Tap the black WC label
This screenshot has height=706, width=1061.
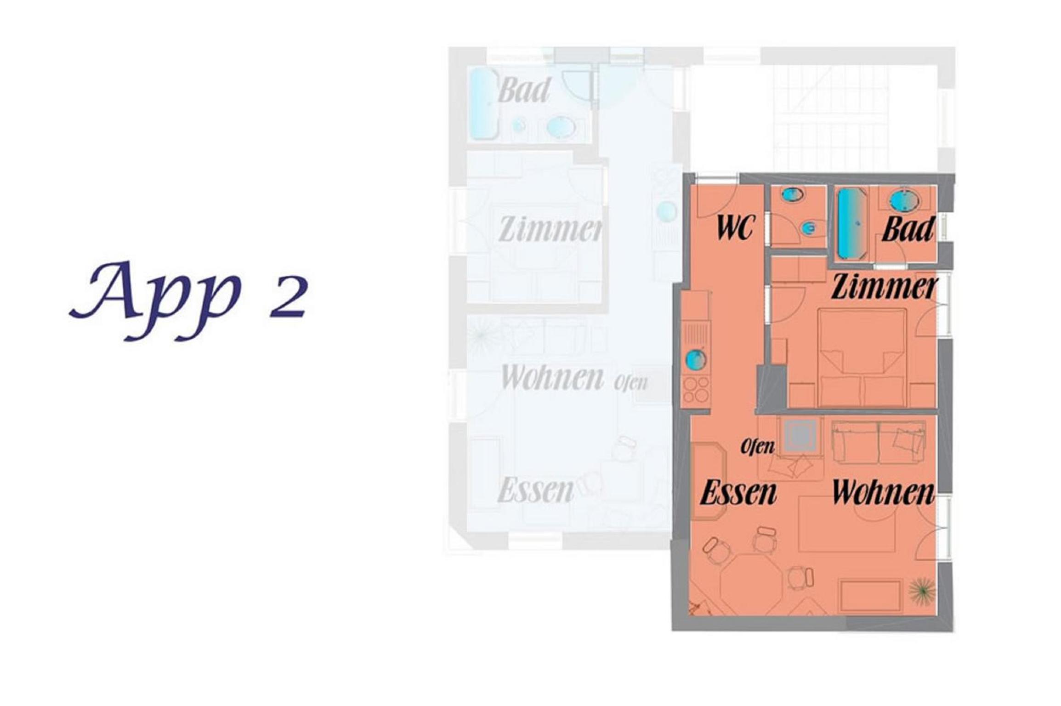point(735,228)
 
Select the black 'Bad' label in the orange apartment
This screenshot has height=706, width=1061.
point(908,229)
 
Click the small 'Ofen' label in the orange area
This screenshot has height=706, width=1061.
point(758,446)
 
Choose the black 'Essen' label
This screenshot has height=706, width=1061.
point(738,493)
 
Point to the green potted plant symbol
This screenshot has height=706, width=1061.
point(922,592)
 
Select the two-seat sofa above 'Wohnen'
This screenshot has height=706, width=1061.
point(879,441)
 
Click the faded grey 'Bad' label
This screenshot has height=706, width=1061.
point(524,90)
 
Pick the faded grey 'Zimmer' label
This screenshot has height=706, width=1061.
point(550,229)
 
